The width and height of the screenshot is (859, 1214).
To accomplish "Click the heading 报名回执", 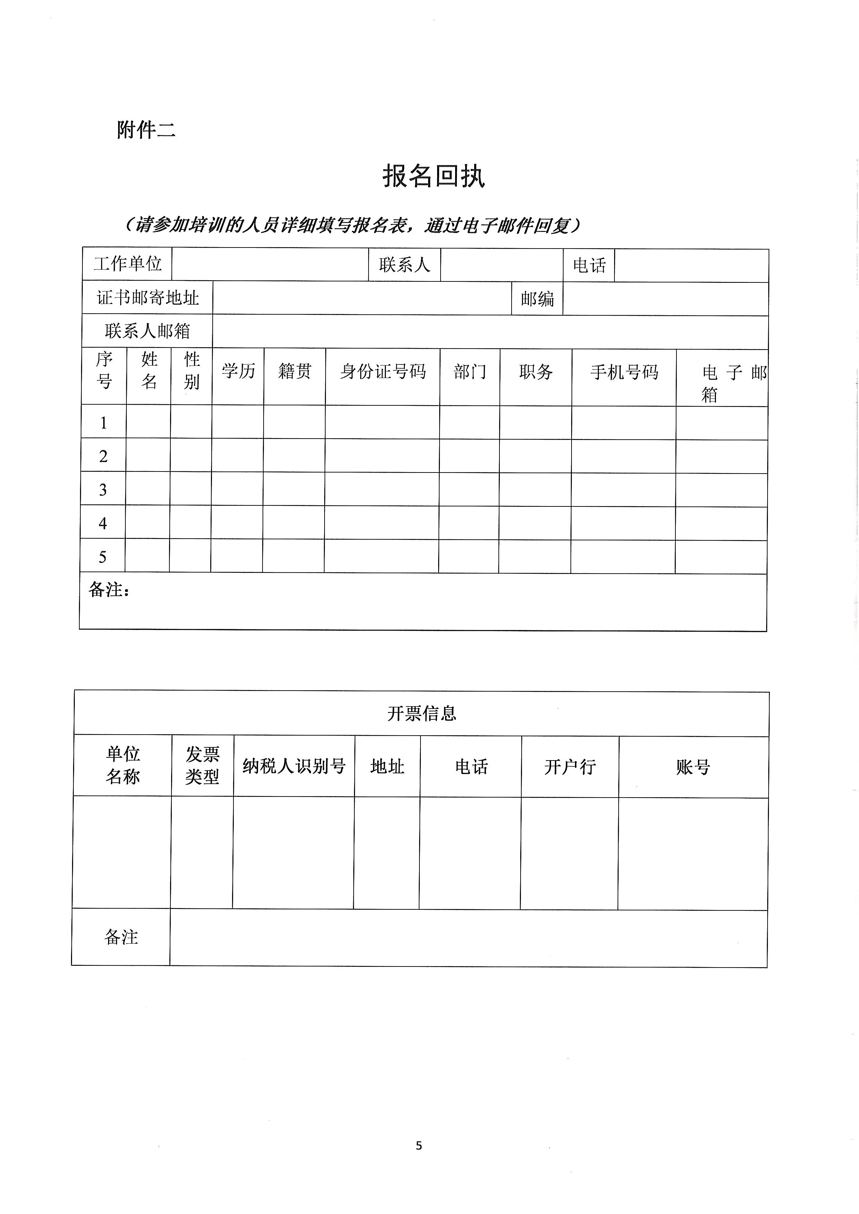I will click(x=433, y=176).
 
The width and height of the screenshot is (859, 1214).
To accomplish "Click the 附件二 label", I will click(x=146, y=129).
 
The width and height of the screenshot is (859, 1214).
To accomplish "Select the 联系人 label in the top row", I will click(x=405, y=265).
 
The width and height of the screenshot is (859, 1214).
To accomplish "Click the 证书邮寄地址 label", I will click(x=148, y=298).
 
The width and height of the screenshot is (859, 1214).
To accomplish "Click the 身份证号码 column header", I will click(x=382, y=372).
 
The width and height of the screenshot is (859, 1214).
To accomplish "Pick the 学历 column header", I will click(x=238, y=371).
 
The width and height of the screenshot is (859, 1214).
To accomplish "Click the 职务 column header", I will click(x=536, y=372).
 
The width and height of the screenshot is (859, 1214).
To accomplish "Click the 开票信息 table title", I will click(x=422, y=714).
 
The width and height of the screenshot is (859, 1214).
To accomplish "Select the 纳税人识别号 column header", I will click(x=294, y=766).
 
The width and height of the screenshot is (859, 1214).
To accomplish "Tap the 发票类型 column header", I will click(x=202, y=766).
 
